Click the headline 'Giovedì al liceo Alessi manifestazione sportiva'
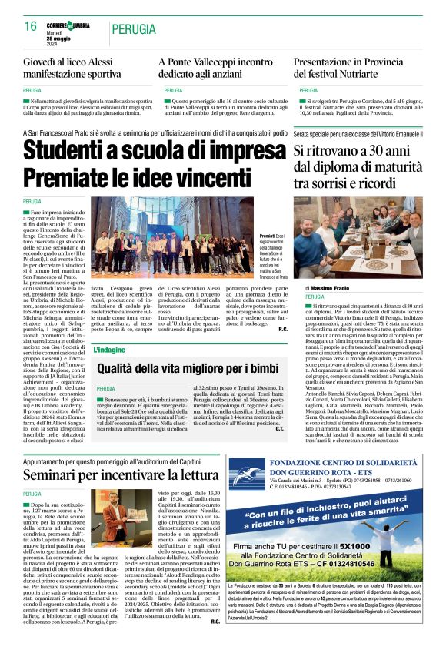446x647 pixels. tap(72, 68)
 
